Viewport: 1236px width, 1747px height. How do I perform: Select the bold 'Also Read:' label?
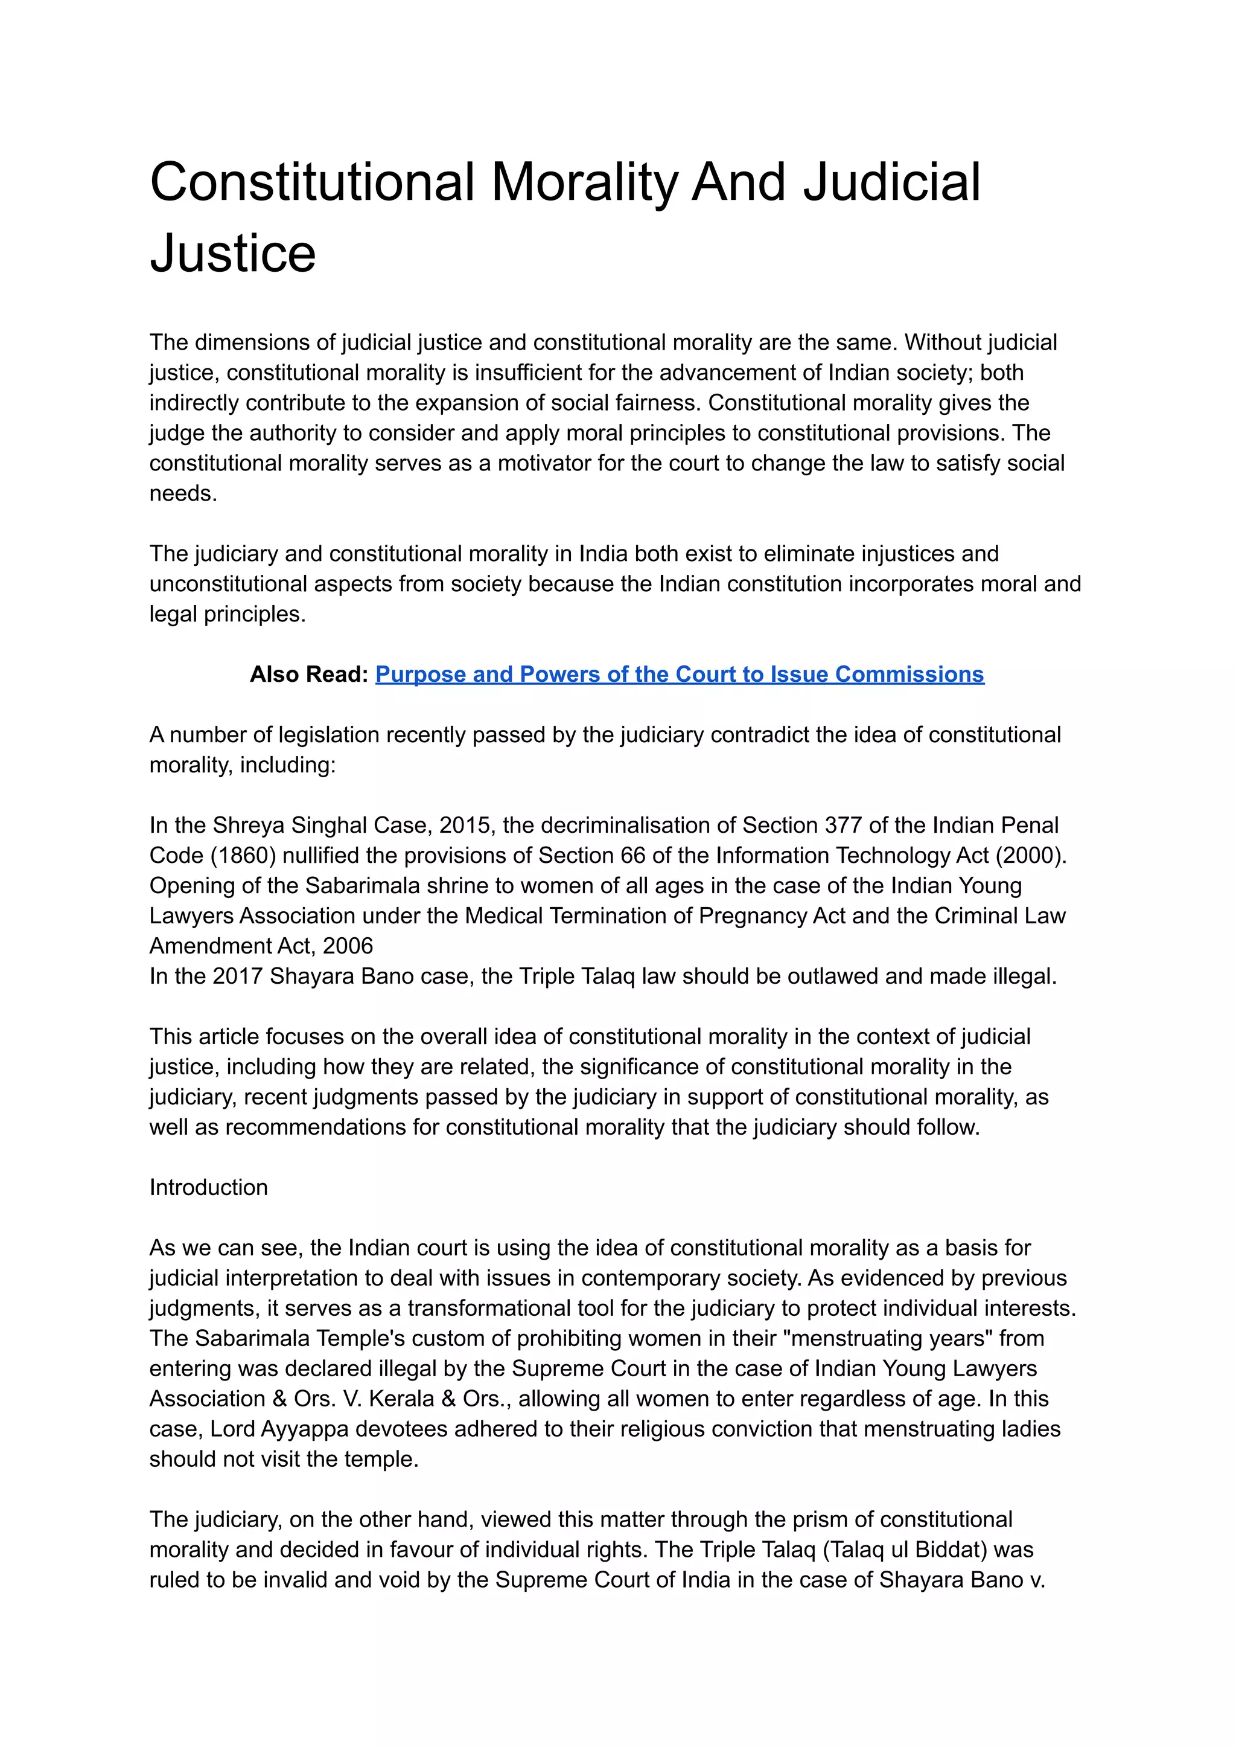(309, 674)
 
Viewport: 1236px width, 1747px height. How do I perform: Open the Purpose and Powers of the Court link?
(679, 674)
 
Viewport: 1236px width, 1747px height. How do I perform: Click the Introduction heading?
(209, 1187)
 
